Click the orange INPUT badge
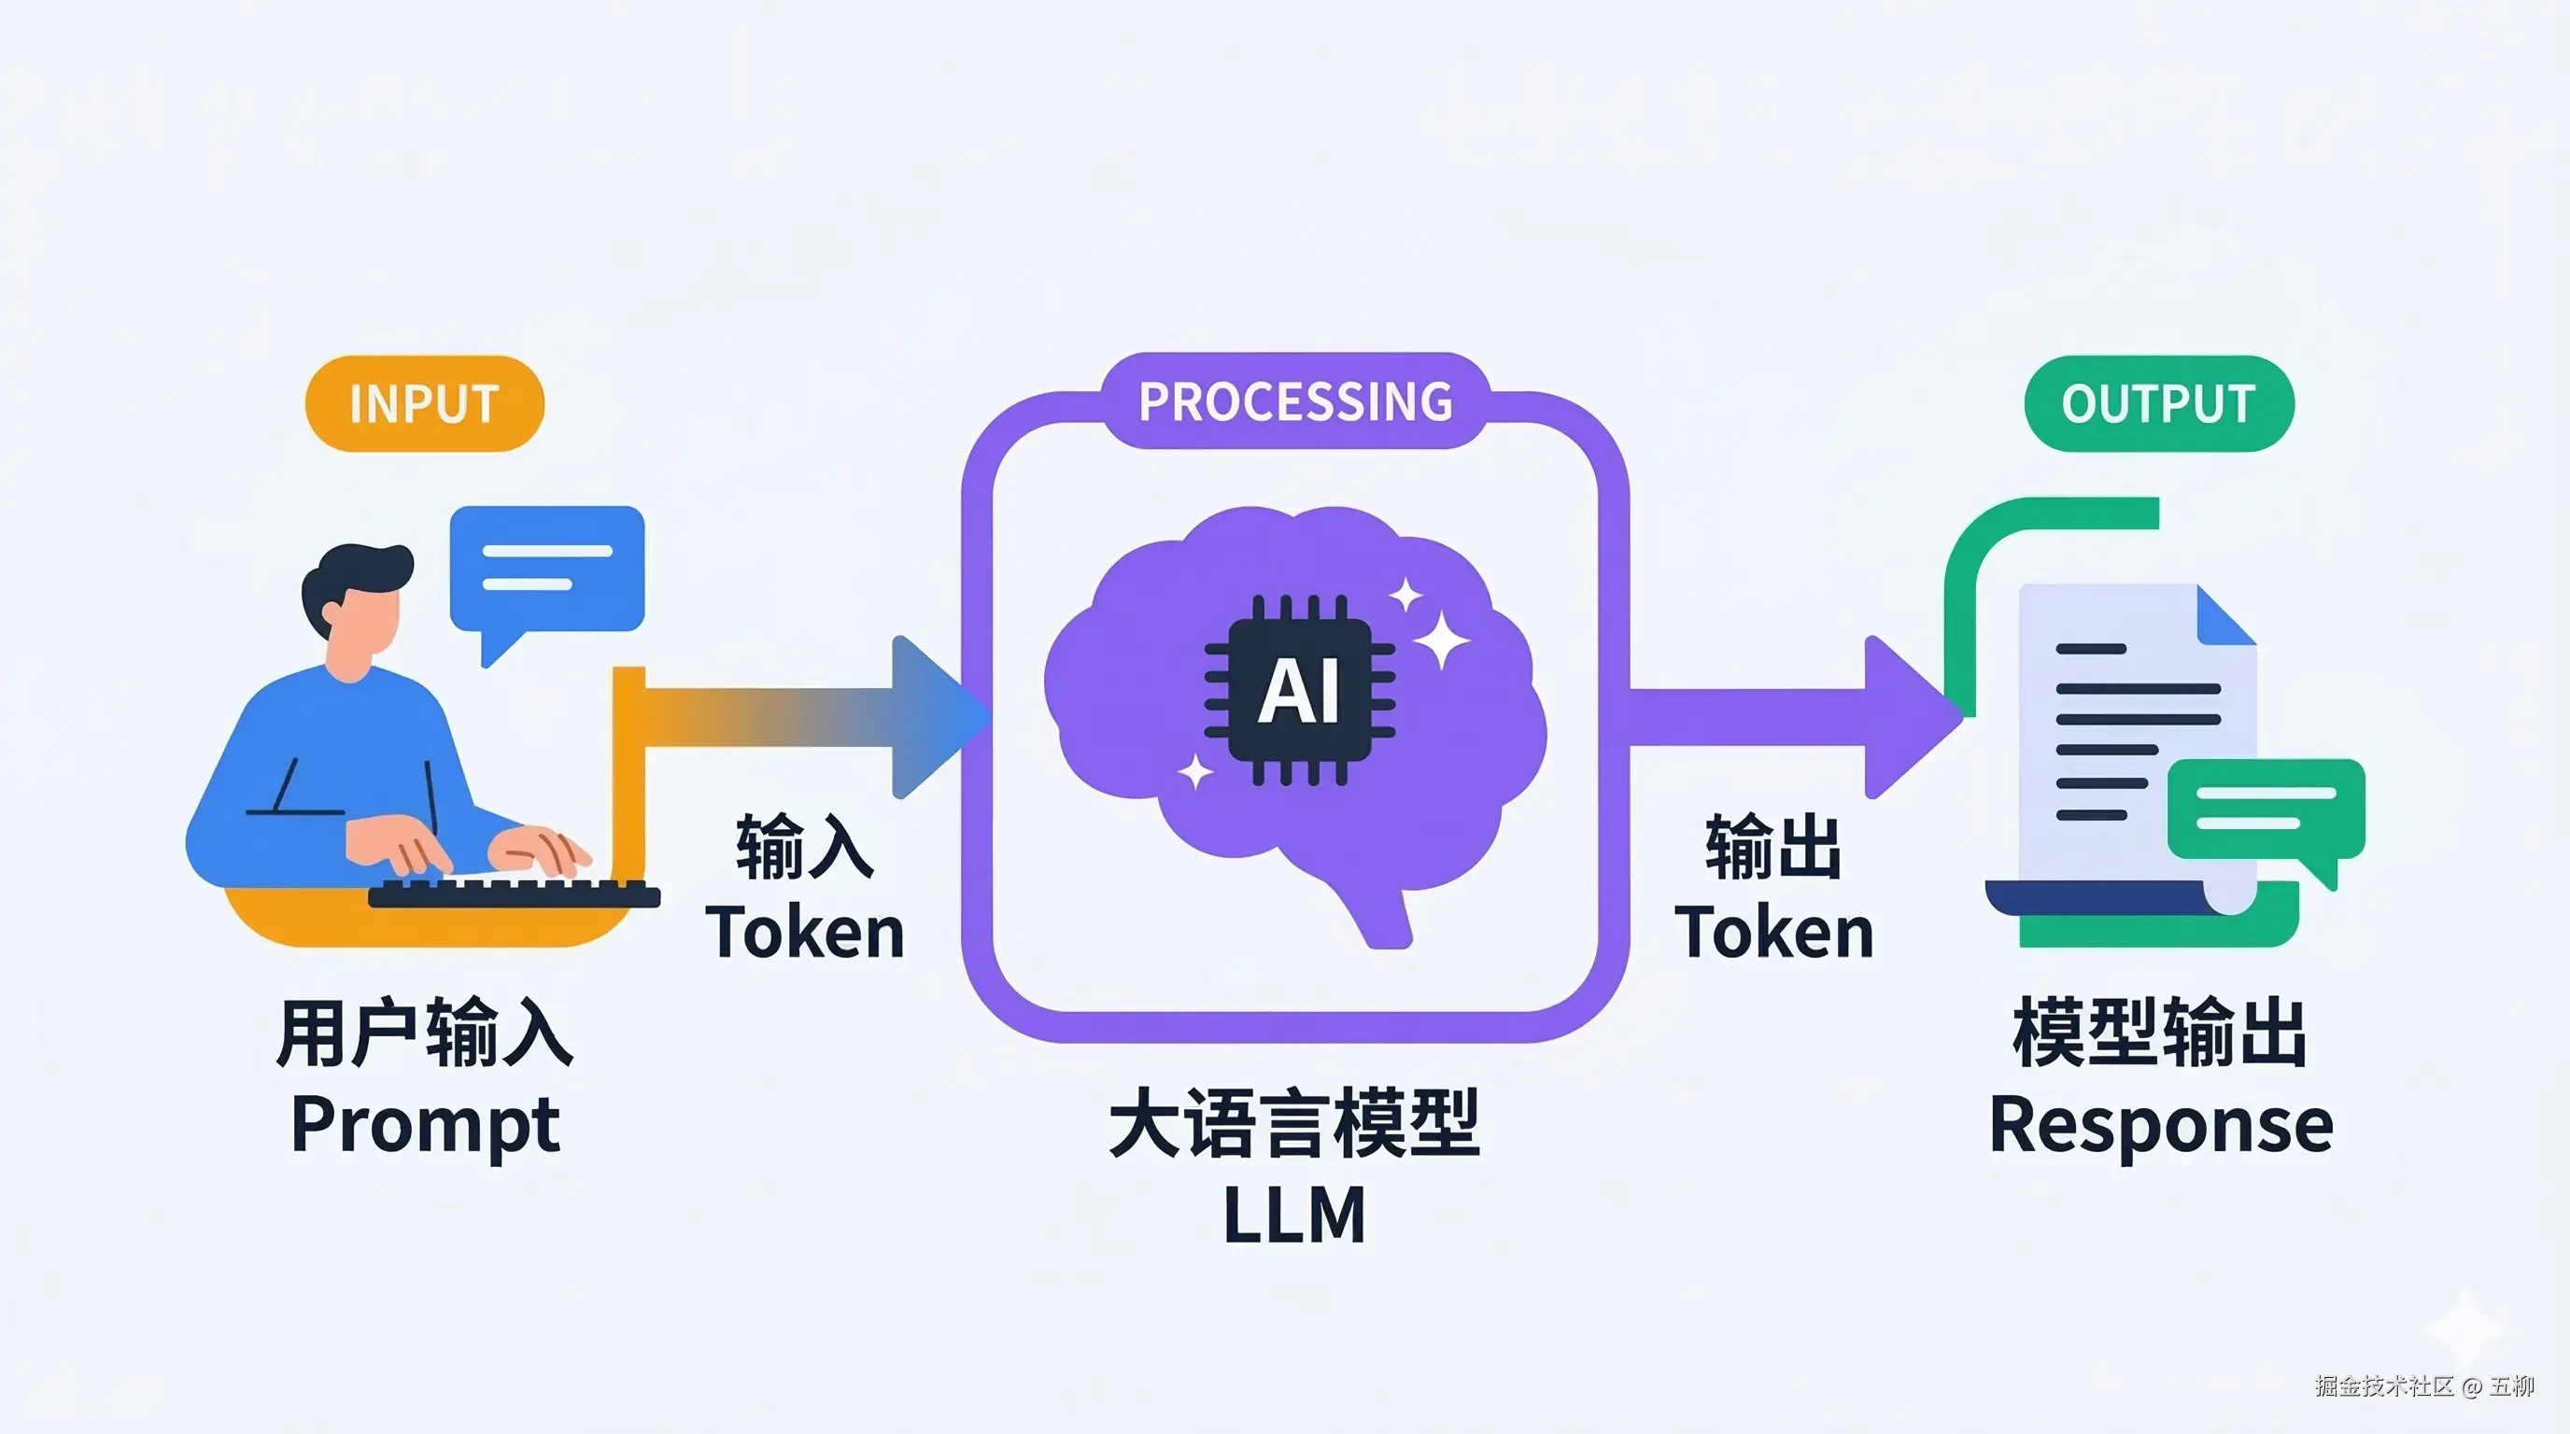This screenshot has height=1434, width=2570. coord(424,404)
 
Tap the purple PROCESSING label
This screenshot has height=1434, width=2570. coord(1295,401)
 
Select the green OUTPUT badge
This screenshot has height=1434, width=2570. coord(2158,404)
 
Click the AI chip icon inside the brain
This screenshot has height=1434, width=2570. coord(1299,690)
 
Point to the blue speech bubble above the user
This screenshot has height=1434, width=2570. coord(546,569)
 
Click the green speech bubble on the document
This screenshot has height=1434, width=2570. coord(2266,808)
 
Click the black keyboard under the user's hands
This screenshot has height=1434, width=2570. coord(514,893)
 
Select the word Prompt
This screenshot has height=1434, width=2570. coord(424,1125)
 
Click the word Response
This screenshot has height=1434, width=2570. coord(2161,1125)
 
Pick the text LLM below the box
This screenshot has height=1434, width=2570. coord(1294,1215)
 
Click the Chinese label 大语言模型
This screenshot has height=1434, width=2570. coord(1294,1125)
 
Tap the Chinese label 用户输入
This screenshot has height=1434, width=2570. coord(424,1033)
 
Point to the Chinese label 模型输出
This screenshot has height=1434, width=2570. coord(2159,1033)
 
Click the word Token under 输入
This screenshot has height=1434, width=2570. coord(804,934)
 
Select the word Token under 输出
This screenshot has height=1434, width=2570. coord(1773,934)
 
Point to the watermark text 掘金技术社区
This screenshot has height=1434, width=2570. coord(2383,1386)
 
